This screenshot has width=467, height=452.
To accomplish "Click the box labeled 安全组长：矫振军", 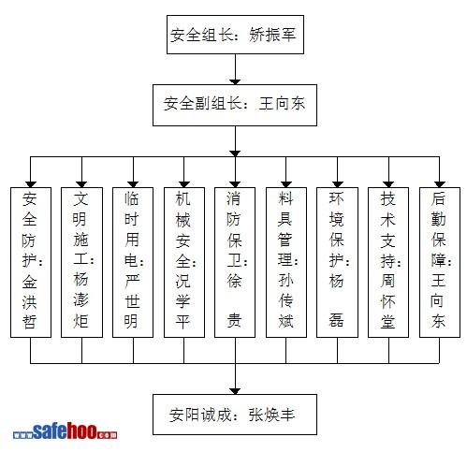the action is pyautogui.click(x=235, y=35).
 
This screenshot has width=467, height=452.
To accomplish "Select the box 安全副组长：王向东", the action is pyautogui.click(x=235, y=105).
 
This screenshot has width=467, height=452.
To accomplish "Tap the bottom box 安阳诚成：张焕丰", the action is pyautogui.click(x=235, y=415).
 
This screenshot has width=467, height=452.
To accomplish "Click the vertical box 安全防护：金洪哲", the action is pyautogui.click(x=31, y=262).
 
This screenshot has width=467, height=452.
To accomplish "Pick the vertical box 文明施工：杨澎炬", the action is pyautogui.click(x=81, y=262).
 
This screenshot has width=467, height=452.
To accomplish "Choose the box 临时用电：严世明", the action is pyautogui.click(x=133, y=262).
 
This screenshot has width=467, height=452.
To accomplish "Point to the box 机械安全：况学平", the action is pyautogui.click(x=184, y=262).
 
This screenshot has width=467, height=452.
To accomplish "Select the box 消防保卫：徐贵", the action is pyautogui.click(x=235, y=262).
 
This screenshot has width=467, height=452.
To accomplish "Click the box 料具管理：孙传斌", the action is pyautogui.click(x=286, y=262).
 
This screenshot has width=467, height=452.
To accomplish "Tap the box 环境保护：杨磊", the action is pyautogui.click(x=337, y=262).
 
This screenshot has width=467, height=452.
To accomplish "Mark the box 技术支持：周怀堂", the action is pyautogui.click(x=388, y=262).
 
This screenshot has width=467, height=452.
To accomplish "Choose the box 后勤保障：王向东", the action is pyautogui.click(x=440, y=262).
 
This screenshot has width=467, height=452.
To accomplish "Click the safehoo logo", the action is pyautogui.click(x=65, y=431).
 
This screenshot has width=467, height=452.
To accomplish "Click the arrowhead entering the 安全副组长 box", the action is pyautogui.click(x=235, y=81).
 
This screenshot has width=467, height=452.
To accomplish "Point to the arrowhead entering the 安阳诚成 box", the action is pyautogui.click(x=235, y=391).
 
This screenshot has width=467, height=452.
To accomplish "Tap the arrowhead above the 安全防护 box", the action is pyautogui.click(x=31, y=184).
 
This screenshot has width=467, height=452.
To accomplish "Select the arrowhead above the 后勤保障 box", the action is pyautogui.click(x=440, y=184).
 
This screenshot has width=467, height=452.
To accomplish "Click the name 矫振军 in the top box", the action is pyautogui.click(x=272, y=35).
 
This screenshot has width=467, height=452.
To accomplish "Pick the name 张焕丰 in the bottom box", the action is pyautogui.click(x=271, y=415).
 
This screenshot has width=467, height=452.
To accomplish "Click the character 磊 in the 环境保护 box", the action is pyautogui.click(x=336, y=320).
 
